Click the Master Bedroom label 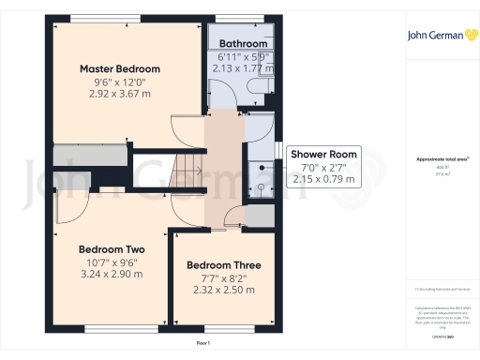[x=119, y=68]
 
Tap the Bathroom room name [x=244, y=44]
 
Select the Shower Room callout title [x=323, y=154]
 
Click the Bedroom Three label [x=223, y=265]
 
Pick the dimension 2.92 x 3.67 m [x=119, y=95]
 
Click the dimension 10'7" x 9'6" [x=111, y=262]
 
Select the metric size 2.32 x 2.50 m [x=223, y=292]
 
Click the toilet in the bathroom [x=262, y=85]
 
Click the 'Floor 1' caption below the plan [x=202, y=345]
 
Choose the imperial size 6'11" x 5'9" [x=244, y=57]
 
